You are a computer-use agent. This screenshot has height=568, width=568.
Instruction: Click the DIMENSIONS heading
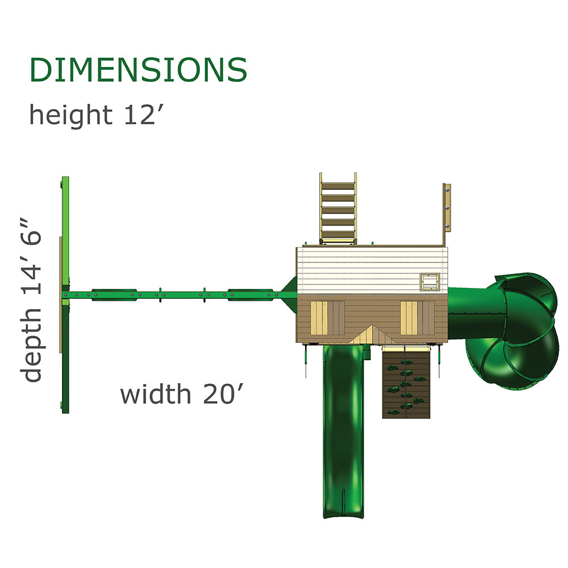tap(138, 69)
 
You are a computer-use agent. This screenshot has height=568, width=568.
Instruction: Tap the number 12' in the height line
tap(140, 115)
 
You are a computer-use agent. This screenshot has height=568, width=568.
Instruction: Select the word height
tap(70, 115)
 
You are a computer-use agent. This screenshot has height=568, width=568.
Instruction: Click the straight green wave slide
tap(343, 431)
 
